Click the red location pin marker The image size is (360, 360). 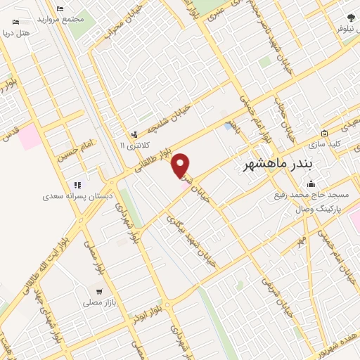[x=181, y=165]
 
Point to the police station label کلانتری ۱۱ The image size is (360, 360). [x=131, y=145]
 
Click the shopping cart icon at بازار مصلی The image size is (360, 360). [x=100, y=291]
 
